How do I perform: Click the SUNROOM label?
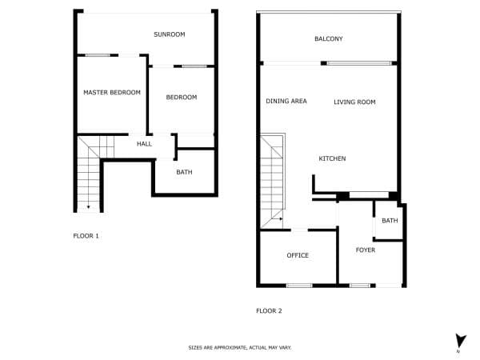click(x=170, y=34)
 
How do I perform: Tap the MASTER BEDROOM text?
click(x=112, y=92)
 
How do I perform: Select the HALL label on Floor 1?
click(x=144, y=143)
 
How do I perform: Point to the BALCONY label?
click(x=329, y=38)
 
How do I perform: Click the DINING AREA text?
click(x=286, y=101)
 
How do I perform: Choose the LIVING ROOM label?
click(x=354, y=102)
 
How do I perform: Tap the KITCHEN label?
click(x=332, y=158)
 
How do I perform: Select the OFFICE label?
click(x=298, y=255)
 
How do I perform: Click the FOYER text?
click(x=366, y=250)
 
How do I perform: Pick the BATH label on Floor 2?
click(x=390, y=221)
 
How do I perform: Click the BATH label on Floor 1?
click(x=184, y=172)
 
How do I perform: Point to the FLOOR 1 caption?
click(x=86, y=236)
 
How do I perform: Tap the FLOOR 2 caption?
click(x=269, y=310)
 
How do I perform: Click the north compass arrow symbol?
click(x=460, y=341)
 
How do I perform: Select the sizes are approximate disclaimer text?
click(x=240, y=347)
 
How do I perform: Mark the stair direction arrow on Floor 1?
click(x=89, y=207)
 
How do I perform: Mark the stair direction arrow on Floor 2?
click(x=281, y=219)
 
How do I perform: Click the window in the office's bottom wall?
click(x=299, y=286)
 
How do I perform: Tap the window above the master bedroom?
click(x=98, y=55)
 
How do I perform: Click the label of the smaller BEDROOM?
click(x=182, y=97)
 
